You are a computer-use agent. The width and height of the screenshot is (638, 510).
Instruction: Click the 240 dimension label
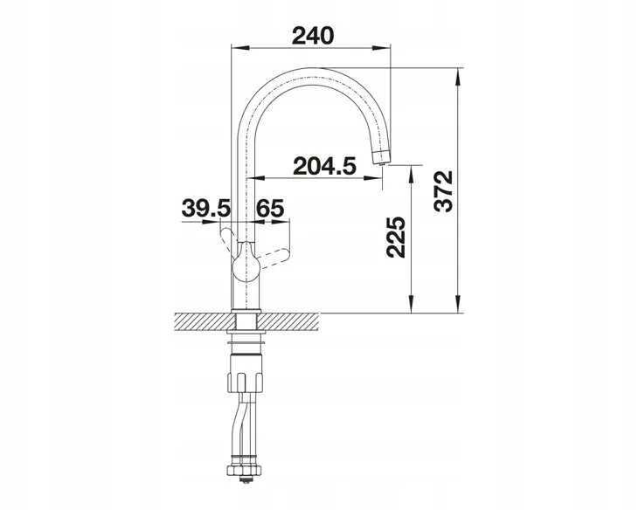coord(313,36)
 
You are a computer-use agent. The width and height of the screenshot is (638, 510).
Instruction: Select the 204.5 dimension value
coord(324,166)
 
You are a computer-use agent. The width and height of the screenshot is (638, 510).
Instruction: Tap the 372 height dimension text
coord(443,190)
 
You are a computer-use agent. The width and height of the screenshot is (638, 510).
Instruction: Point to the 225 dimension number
coord(396,237)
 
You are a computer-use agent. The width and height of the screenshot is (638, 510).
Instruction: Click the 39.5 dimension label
coord(206,208)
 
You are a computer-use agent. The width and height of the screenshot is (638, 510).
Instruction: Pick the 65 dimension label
coord(270,208)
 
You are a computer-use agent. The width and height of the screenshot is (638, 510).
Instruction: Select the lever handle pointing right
coord(274,258)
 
